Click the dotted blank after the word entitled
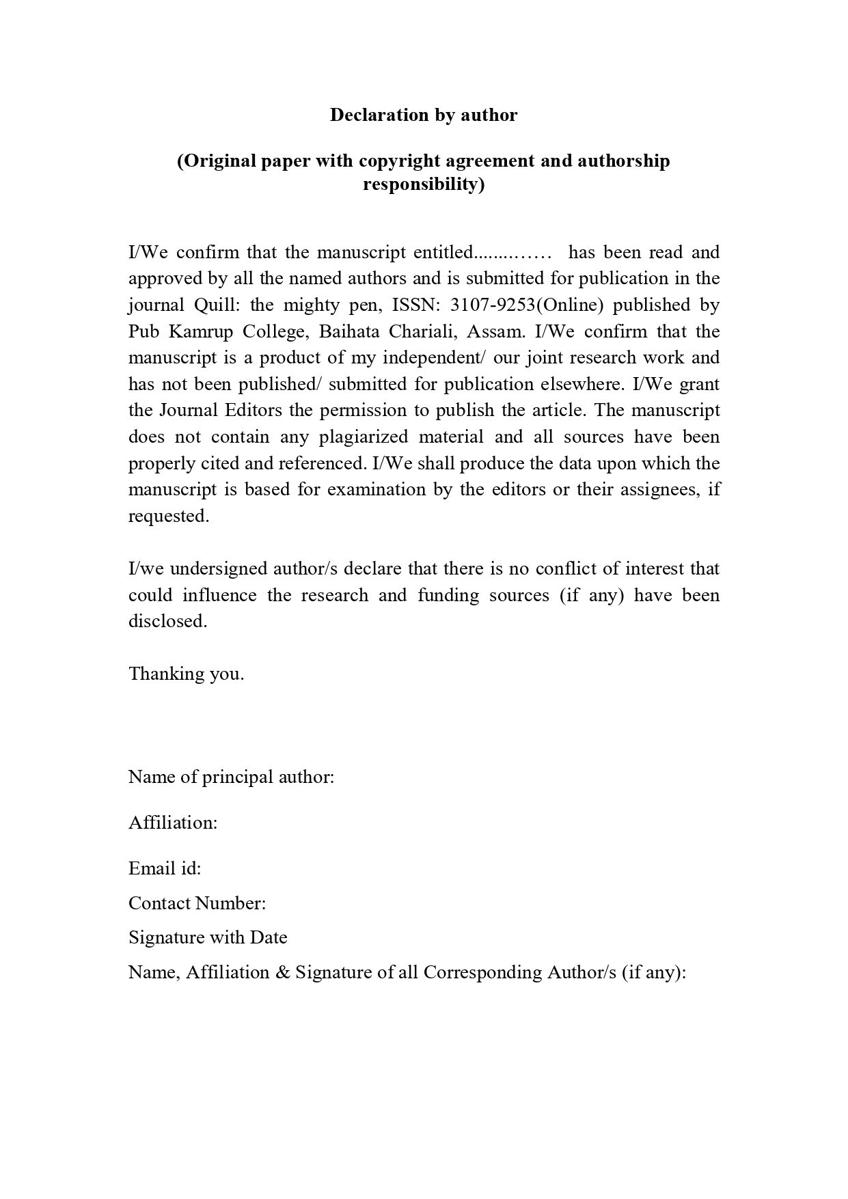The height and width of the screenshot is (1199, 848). click(x=512, y=253)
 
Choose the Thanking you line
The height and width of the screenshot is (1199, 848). click(x=186, y=674)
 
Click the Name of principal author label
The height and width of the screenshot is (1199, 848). click(x=231, y=777)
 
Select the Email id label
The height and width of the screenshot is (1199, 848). click(x=165, y=868)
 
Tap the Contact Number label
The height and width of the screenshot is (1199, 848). click(x=197, y=903)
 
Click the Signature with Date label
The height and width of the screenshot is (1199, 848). click(x=208, y=937)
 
